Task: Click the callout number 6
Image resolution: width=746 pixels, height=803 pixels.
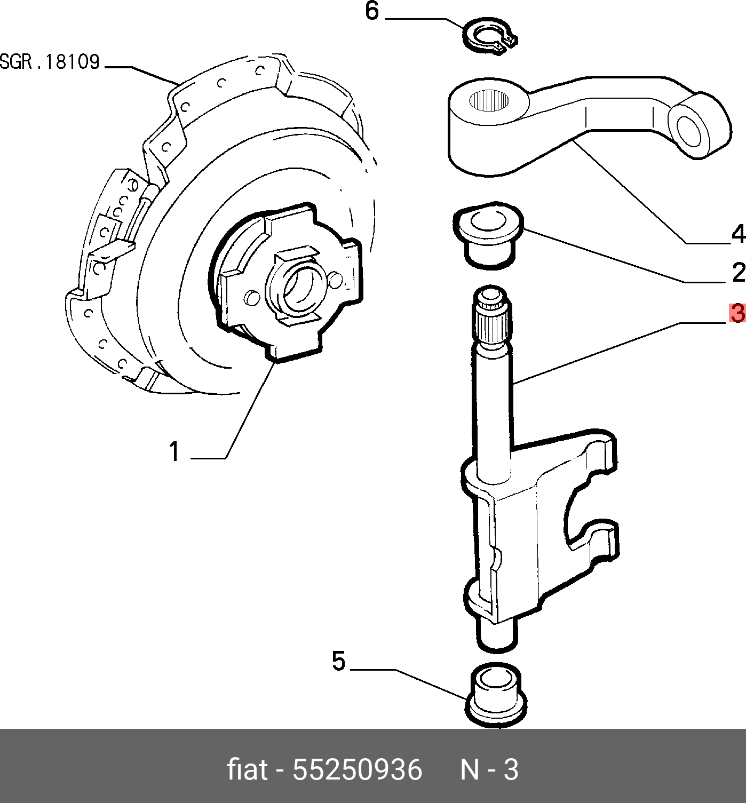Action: tap(372, 12)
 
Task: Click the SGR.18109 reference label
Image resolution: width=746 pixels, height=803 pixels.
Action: tap(50, 62)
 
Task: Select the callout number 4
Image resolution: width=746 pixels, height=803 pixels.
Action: tap(737, 234)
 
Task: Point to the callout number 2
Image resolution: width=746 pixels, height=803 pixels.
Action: tap(738, 273)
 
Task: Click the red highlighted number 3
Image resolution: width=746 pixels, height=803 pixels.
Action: tap(737, 314)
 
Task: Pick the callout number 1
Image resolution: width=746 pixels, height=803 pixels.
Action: tap(174, 451)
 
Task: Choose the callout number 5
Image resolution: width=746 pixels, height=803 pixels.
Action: tap(339, 662)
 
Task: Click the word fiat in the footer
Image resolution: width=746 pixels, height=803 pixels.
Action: tap(247, 770)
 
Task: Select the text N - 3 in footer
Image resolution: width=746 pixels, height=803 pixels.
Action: tap(489, 770)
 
